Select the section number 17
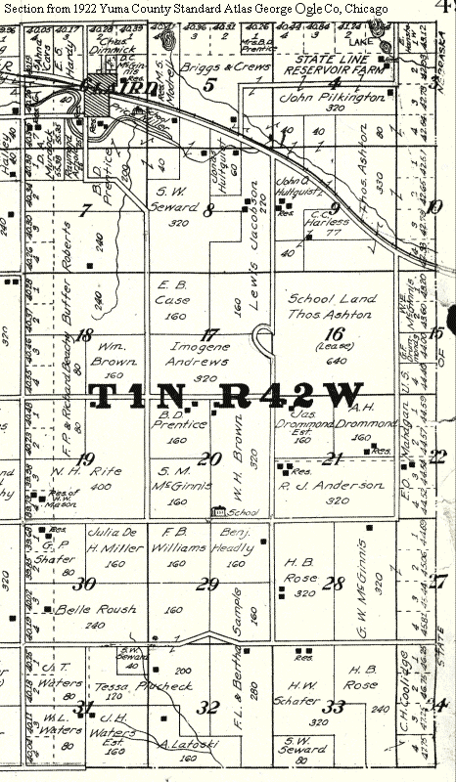tap(208, 334)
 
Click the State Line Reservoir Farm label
tap(330, 70)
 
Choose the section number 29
tap(207, 585)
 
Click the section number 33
tap(336, 707)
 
